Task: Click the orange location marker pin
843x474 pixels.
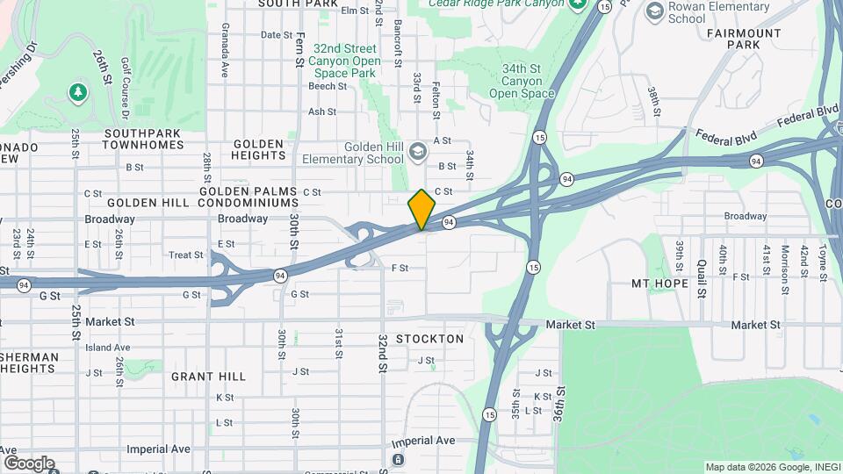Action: click(x=422, y=209)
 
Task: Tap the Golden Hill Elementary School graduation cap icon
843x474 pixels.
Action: click(x=418, y=151)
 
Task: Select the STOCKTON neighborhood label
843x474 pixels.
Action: click(x=429, y=339)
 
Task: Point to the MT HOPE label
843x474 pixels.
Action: click(x=659, y=284)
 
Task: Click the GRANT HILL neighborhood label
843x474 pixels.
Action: click(x=208, y=377)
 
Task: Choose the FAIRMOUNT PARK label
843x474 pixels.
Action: click(x=743, y=39)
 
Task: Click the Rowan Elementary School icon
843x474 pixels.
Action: click(x=654, y=11)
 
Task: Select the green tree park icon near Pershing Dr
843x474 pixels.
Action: click(x=78, y=91)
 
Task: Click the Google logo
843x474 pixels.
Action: click(x=28, y=463)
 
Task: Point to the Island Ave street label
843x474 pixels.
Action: click(x=107, y=348)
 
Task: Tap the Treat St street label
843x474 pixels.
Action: click(x=186, y=255)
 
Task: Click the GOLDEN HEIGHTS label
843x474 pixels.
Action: click(x=257, y=150)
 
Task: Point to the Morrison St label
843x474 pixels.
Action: click(x=784, y=262)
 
